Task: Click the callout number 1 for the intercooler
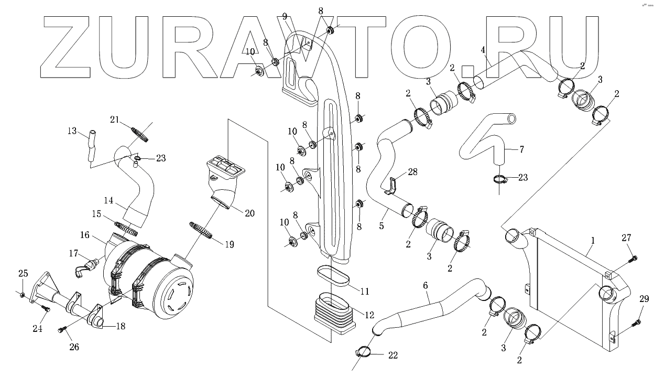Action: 593,240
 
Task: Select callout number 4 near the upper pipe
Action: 483,50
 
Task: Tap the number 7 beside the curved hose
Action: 521,149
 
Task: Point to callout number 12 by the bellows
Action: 369,315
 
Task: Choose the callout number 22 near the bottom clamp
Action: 393,356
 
